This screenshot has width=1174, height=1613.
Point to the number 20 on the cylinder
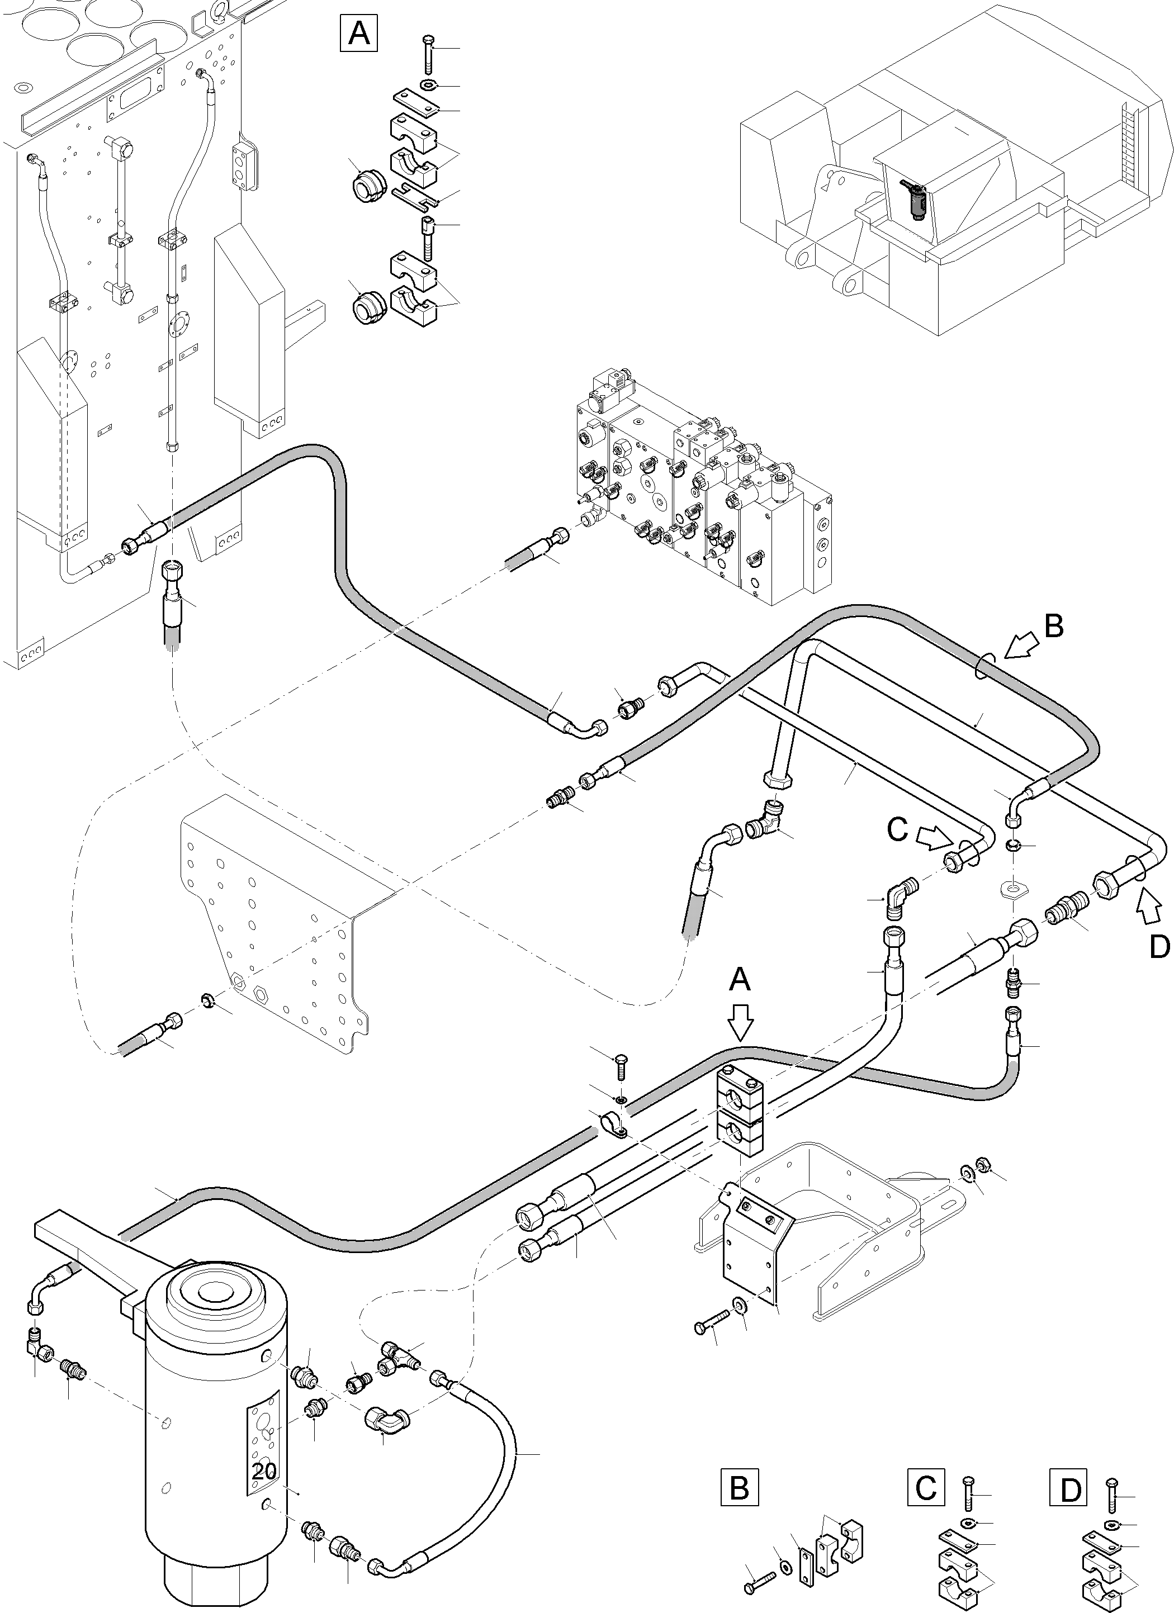tap(263, 1472)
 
